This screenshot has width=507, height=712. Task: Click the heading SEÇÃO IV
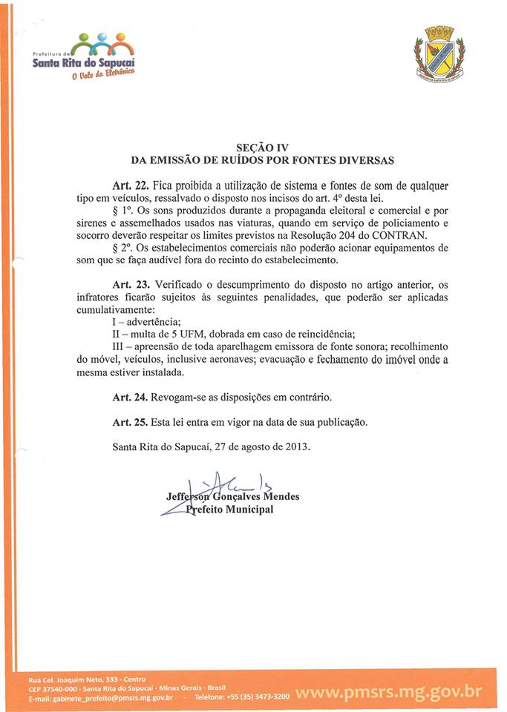pyautogui.click(x=256, y=147)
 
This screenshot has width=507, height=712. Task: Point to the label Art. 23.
pyautogui.click(x=131, y=285)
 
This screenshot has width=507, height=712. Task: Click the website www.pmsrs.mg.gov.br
pyautogui.click(x=388, y=693)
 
